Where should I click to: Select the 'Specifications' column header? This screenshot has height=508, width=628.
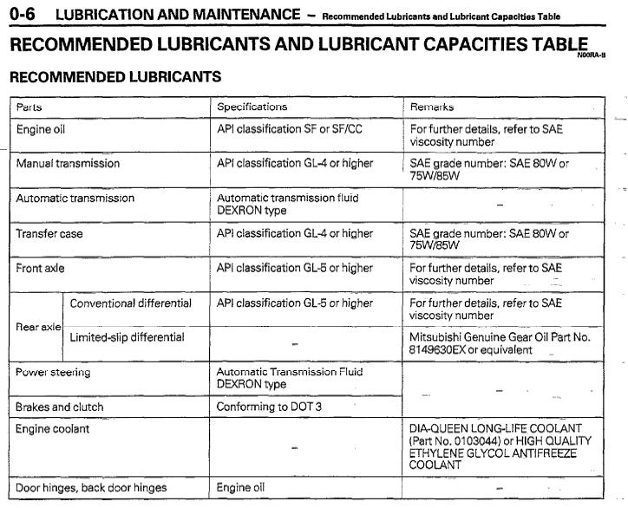click(252, 107)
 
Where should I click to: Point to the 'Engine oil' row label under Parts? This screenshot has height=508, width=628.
click(41, 129)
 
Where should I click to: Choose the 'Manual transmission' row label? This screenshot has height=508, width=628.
click(68, 163)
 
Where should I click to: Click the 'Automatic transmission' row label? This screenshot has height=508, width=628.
click(75, 198)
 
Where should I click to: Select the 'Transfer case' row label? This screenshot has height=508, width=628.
click(49, 233)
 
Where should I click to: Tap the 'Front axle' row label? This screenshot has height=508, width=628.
click(41, 268)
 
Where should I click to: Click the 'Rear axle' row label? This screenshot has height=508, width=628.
click(37, 327)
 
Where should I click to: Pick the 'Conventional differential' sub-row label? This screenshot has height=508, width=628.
click(130, 303)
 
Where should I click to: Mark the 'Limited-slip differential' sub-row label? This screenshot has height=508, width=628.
click(127, 336)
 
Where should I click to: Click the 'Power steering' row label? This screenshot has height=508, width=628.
click(53, 372)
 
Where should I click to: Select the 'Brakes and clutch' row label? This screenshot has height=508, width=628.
click(60, 406)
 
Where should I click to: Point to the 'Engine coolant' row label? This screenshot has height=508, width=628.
click(53, 428)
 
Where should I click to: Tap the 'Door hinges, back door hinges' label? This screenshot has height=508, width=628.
click(91, 487)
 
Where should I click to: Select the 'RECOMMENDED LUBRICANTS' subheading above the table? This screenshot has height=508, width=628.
click(114, 77)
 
